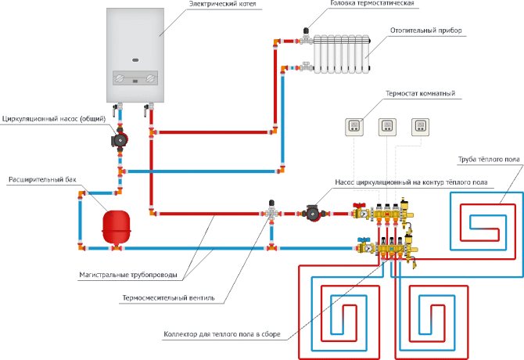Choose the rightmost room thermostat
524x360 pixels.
pyautogui.click(x=422, y=125)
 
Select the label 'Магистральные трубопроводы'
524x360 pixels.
pyautogui.click(x=127, y=275)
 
